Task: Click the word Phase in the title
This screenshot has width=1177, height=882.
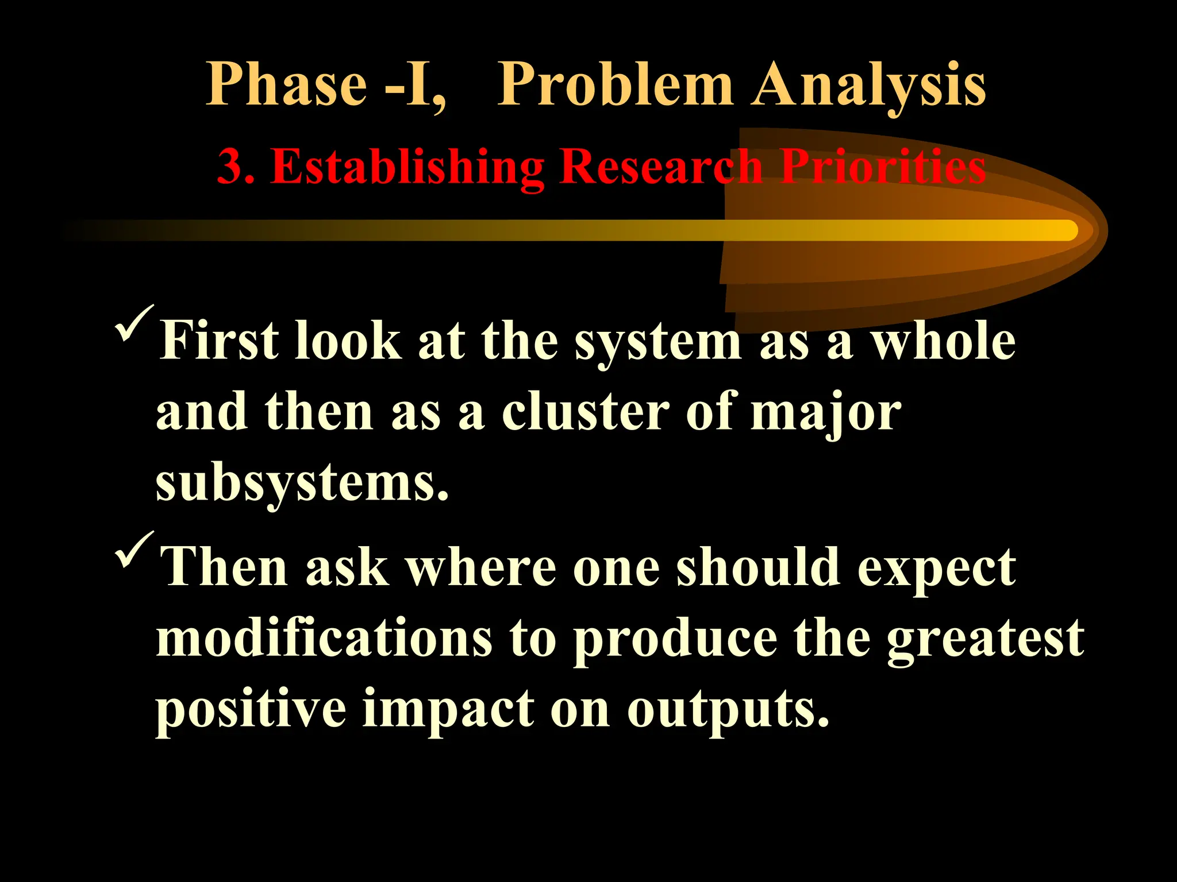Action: [x=286, y=85]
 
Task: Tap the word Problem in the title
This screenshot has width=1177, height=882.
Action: [x=615, y=85]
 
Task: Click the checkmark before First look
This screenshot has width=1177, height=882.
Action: [x=134, y=323]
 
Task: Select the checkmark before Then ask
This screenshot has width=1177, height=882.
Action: [x=134, y=549]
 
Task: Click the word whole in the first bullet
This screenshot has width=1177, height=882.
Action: [x=943, y=341]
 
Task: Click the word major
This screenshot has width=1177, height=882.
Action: [x=825, y=413]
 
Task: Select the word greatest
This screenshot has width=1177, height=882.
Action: [x=985, y=640]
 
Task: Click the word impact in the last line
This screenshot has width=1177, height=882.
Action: [x=448, y=710]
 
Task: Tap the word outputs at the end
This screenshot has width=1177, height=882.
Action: [x=728, y=711]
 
